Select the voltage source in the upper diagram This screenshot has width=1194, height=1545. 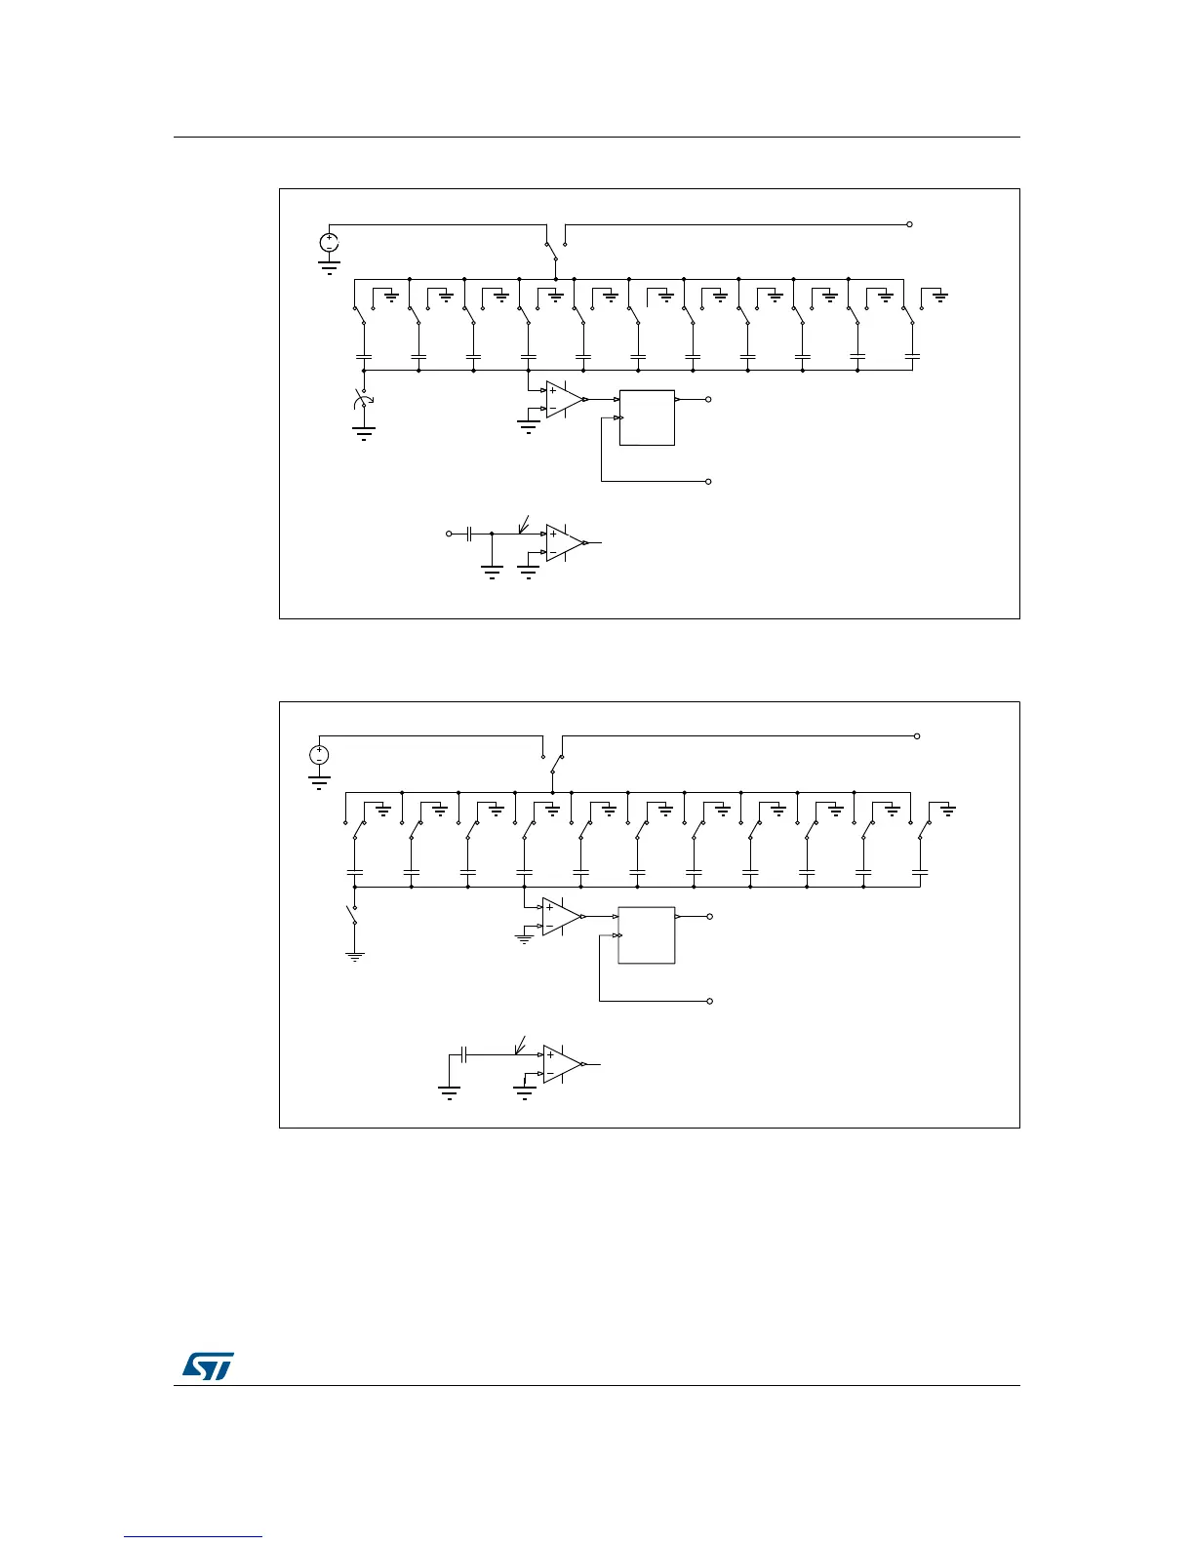330,242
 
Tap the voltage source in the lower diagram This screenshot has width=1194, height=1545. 319,755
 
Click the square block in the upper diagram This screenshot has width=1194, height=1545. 647,417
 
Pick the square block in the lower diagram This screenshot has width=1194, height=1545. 647,935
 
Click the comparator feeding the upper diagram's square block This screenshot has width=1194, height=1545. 565,399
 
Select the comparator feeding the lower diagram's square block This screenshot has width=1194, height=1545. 562,917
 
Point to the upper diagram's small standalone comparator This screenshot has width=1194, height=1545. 565,542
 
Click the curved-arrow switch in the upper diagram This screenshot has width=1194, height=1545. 364,403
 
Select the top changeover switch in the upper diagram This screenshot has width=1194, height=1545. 554,249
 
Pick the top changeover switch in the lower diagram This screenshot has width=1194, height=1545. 552,761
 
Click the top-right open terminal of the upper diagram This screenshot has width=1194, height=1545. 909,224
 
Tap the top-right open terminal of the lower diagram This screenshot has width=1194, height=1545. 917,736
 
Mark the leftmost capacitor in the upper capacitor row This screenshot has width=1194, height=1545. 364,358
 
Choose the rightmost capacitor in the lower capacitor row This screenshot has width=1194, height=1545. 919,871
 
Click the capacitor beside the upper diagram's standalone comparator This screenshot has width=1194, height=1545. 469,534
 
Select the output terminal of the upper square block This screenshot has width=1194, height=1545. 708,399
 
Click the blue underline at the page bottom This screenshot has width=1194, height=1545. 193,1538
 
